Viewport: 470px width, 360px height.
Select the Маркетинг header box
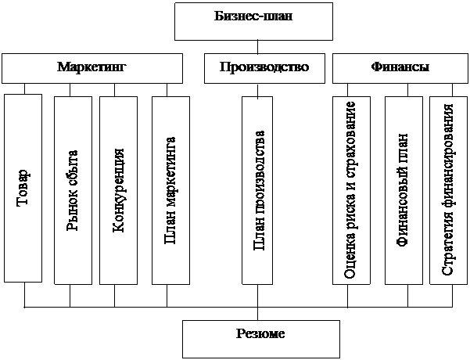[x=92, y=68]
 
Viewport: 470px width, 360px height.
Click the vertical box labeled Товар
[x=23, y=188]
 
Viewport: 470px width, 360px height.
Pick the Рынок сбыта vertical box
[x=72, y=190]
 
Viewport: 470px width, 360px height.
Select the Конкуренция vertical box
[x=119, y=190]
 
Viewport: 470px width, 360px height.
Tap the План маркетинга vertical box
[x=170, y=190]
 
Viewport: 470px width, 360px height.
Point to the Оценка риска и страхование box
[x=350, y=190]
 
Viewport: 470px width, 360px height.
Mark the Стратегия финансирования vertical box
[x=448, y=190]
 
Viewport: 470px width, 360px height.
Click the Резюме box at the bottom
[x=260, y=338]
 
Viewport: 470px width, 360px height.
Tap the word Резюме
[x=260, y=334]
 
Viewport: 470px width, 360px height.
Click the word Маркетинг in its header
[x=92, y=67]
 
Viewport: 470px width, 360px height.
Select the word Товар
[x=23, y=188]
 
